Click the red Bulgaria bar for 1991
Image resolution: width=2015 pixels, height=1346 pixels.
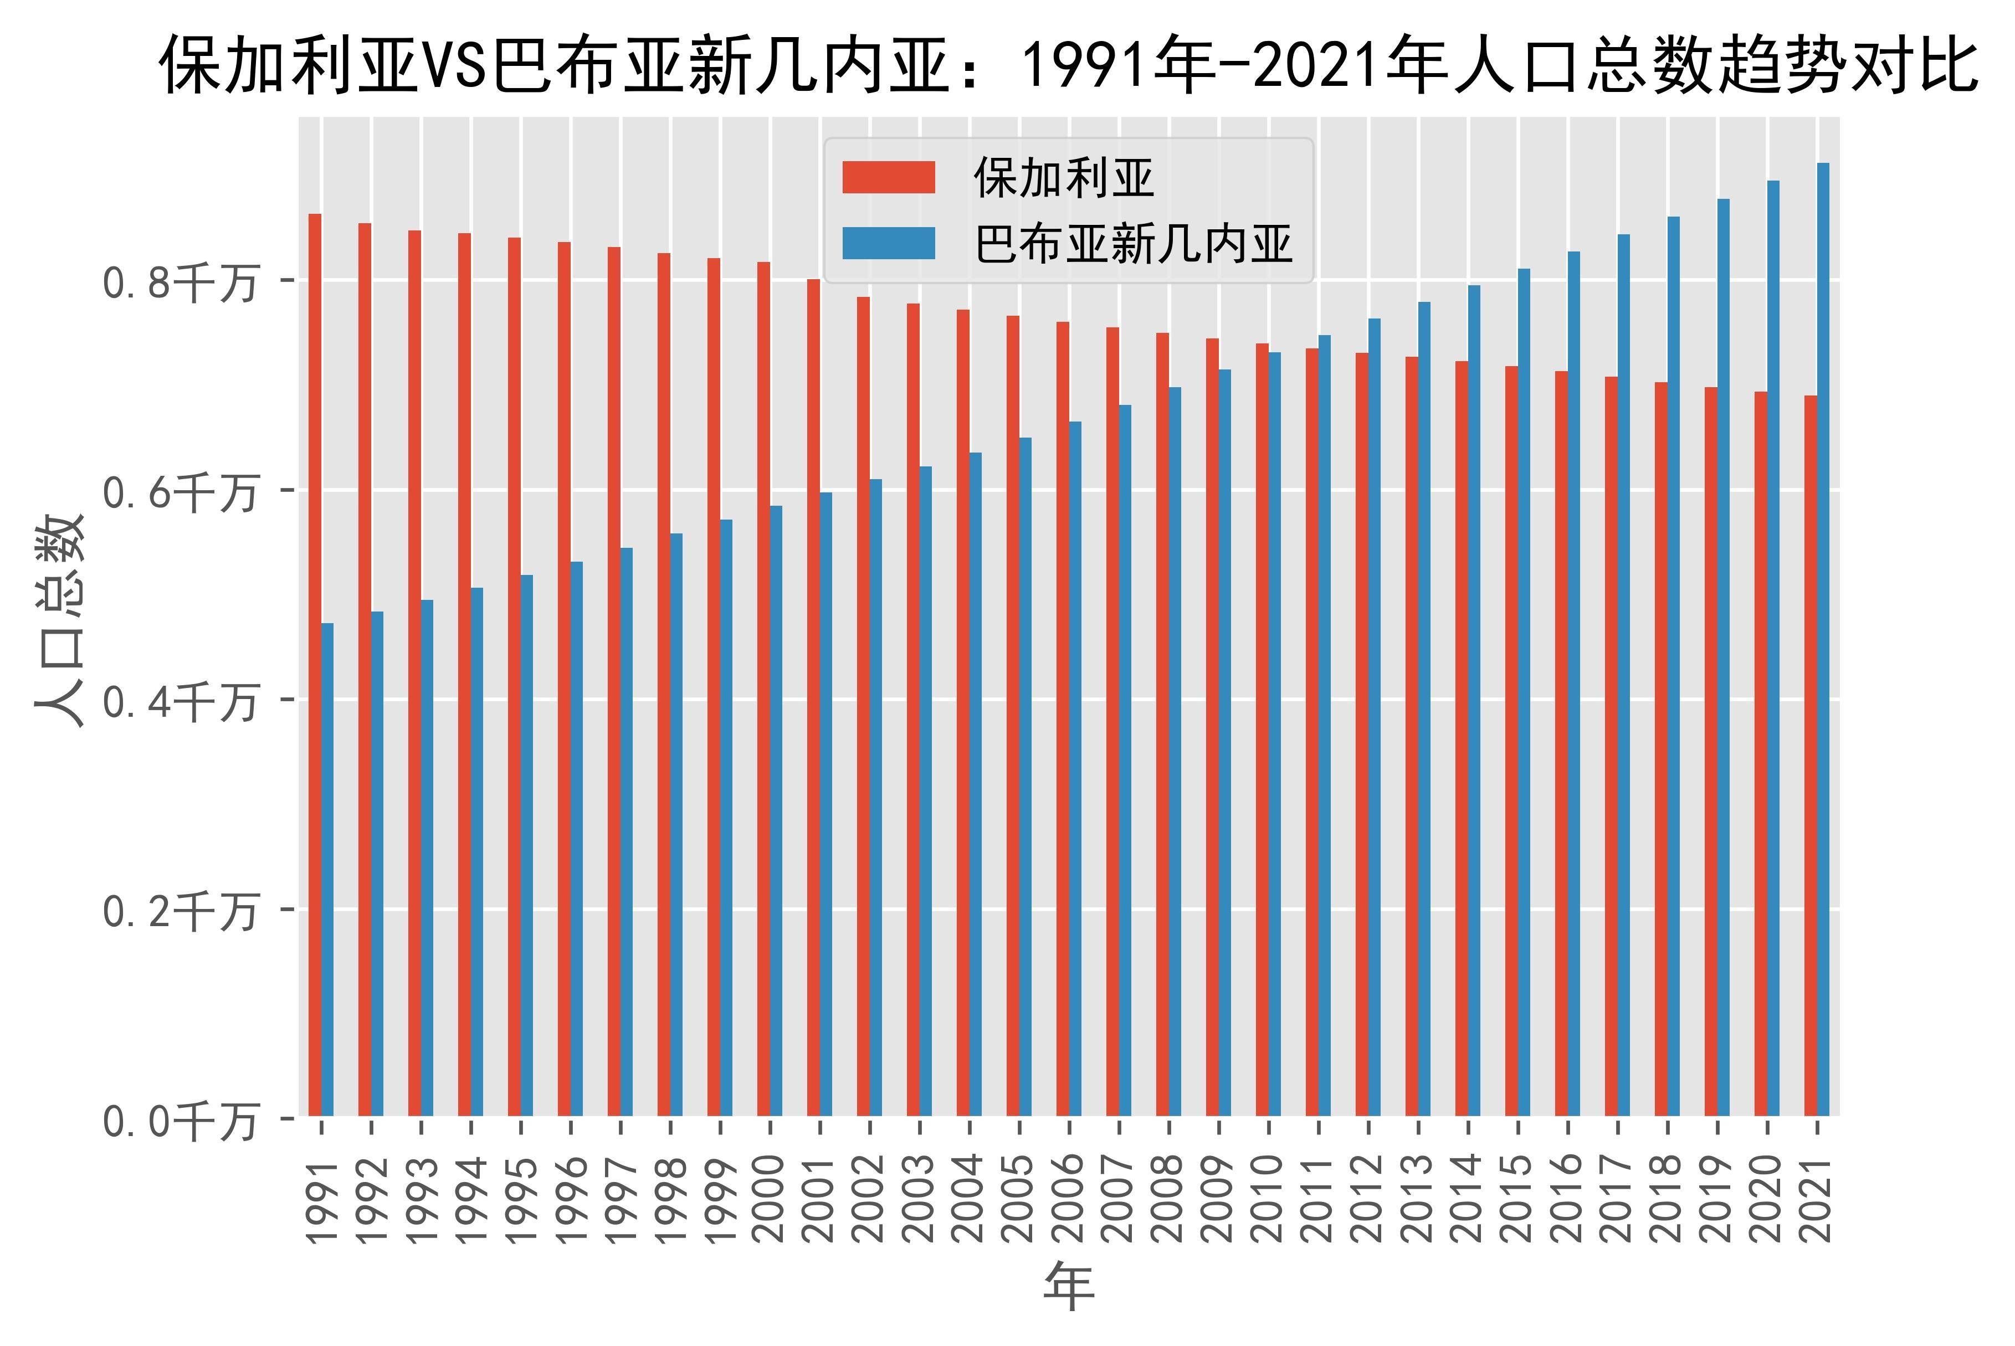[315, 665]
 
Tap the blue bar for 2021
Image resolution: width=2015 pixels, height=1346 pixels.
[1823, 640]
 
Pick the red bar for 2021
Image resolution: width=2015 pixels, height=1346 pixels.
[1811, 756]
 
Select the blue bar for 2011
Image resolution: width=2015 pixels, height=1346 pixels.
[1325, 726]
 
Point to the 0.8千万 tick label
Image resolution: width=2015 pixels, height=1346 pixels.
[180, 282]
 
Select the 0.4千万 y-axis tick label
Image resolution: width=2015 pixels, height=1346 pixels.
[180, 703]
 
